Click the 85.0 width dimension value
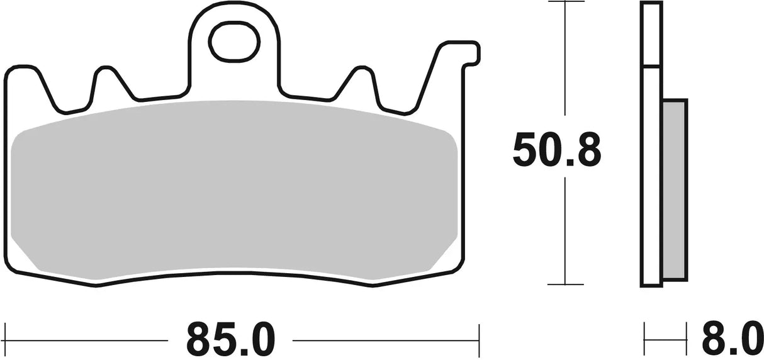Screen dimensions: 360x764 point(230,339)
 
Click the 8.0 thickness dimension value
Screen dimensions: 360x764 point(732,339)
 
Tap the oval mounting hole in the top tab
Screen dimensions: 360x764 point(234,41)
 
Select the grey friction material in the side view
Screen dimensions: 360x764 point(675,189)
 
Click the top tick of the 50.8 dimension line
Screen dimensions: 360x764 point(566,3)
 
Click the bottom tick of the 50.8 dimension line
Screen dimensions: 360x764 point(566,284)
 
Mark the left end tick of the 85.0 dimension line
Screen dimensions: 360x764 point(6,340)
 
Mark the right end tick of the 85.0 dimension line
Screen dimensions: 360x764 point(479,340)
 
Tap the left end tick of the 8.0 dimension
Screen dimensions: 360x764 point(645,340)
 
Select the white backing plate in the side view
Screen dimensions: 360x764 point(651,176)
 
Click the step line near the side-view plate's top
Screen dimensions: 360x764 point(651,66)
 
